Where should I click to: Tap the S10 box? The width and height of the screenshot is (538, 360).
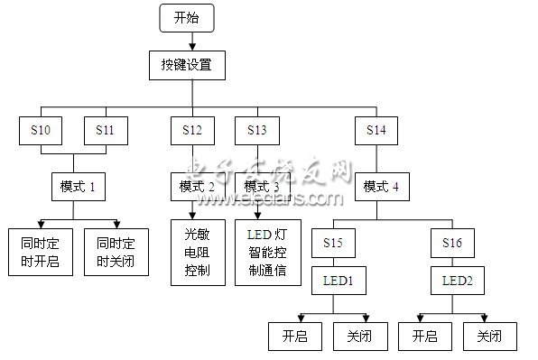tap(40, 131)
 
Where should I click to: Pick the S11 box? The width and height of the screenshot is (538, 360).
tap(104, 131)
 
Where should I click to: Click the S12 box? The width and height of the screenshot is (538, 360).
tap(191, 131)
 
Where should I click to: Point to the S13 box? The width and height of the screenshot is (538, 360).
tap(255, 131)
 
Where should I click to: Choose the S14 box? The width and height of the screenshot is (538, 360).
tap(376, 131)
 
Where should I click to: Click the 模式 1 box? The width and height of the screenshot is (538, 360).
tap(78, 187)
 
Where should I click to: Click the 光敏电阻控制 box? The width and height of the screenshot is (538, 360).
tap(191, 253)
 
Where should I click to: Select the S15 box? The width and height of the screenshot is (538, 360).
tap(333, 243)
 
